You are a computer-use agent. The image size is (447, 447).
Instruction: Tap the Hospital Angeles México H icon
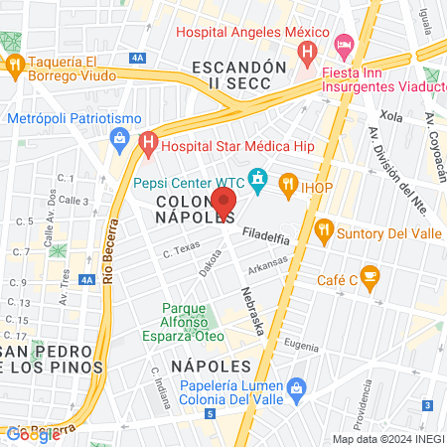coord(309,50)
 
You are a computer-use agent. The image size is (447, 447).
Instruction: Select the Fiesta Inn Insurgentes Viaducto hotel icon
coord(345,44)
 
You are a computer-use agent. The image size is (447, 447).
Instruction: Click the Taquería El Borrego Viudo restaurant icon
coord(15,65)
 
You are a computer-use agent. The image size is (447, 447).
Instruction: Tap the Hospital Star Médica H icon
coord(148,142)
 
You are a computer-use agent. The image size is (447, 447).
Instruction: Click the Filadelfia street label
coord(266,236)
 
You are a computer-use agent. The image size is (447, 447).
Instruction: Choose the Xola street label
coord(390,116)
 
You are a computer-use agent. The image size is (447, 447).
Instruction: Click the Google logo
coord(32,434)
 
